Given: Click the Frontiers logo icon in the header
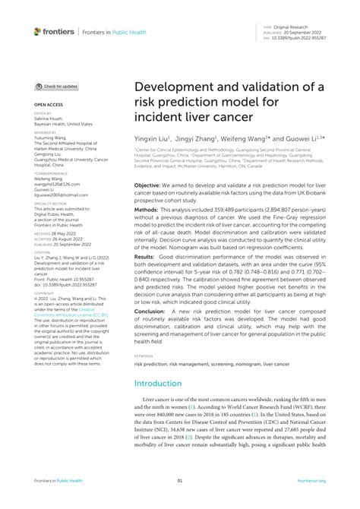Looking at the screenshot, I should (38, 31).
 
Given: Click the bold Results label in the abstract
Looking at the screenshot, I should (147, 256).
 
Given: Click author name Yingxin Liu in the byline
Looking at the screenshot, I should (155, 139).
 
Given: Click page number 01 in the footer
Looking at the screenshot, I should (180, 481).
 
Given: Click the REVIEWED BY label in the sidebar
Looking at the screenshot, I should (45, 131).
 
